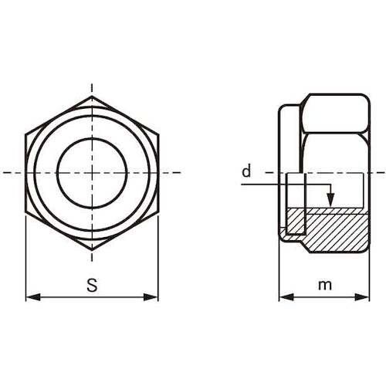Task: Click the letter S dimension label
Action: point(92,285)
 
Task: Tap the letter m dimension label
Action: point(325,285)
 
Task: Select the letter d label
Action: point(246,171)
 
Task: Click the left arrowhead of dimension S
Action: point(33,297)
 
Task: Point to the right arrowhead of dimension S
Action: point(151,297)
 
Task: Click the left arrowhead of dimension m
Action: point(286,297)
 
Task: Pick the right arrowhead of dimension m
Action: point(362,297)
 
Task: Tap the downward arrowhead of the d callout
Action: point(330,200)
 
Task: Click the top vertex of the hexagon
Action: point(92,96)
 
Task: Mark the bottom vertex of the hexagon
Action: point(92,250)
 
